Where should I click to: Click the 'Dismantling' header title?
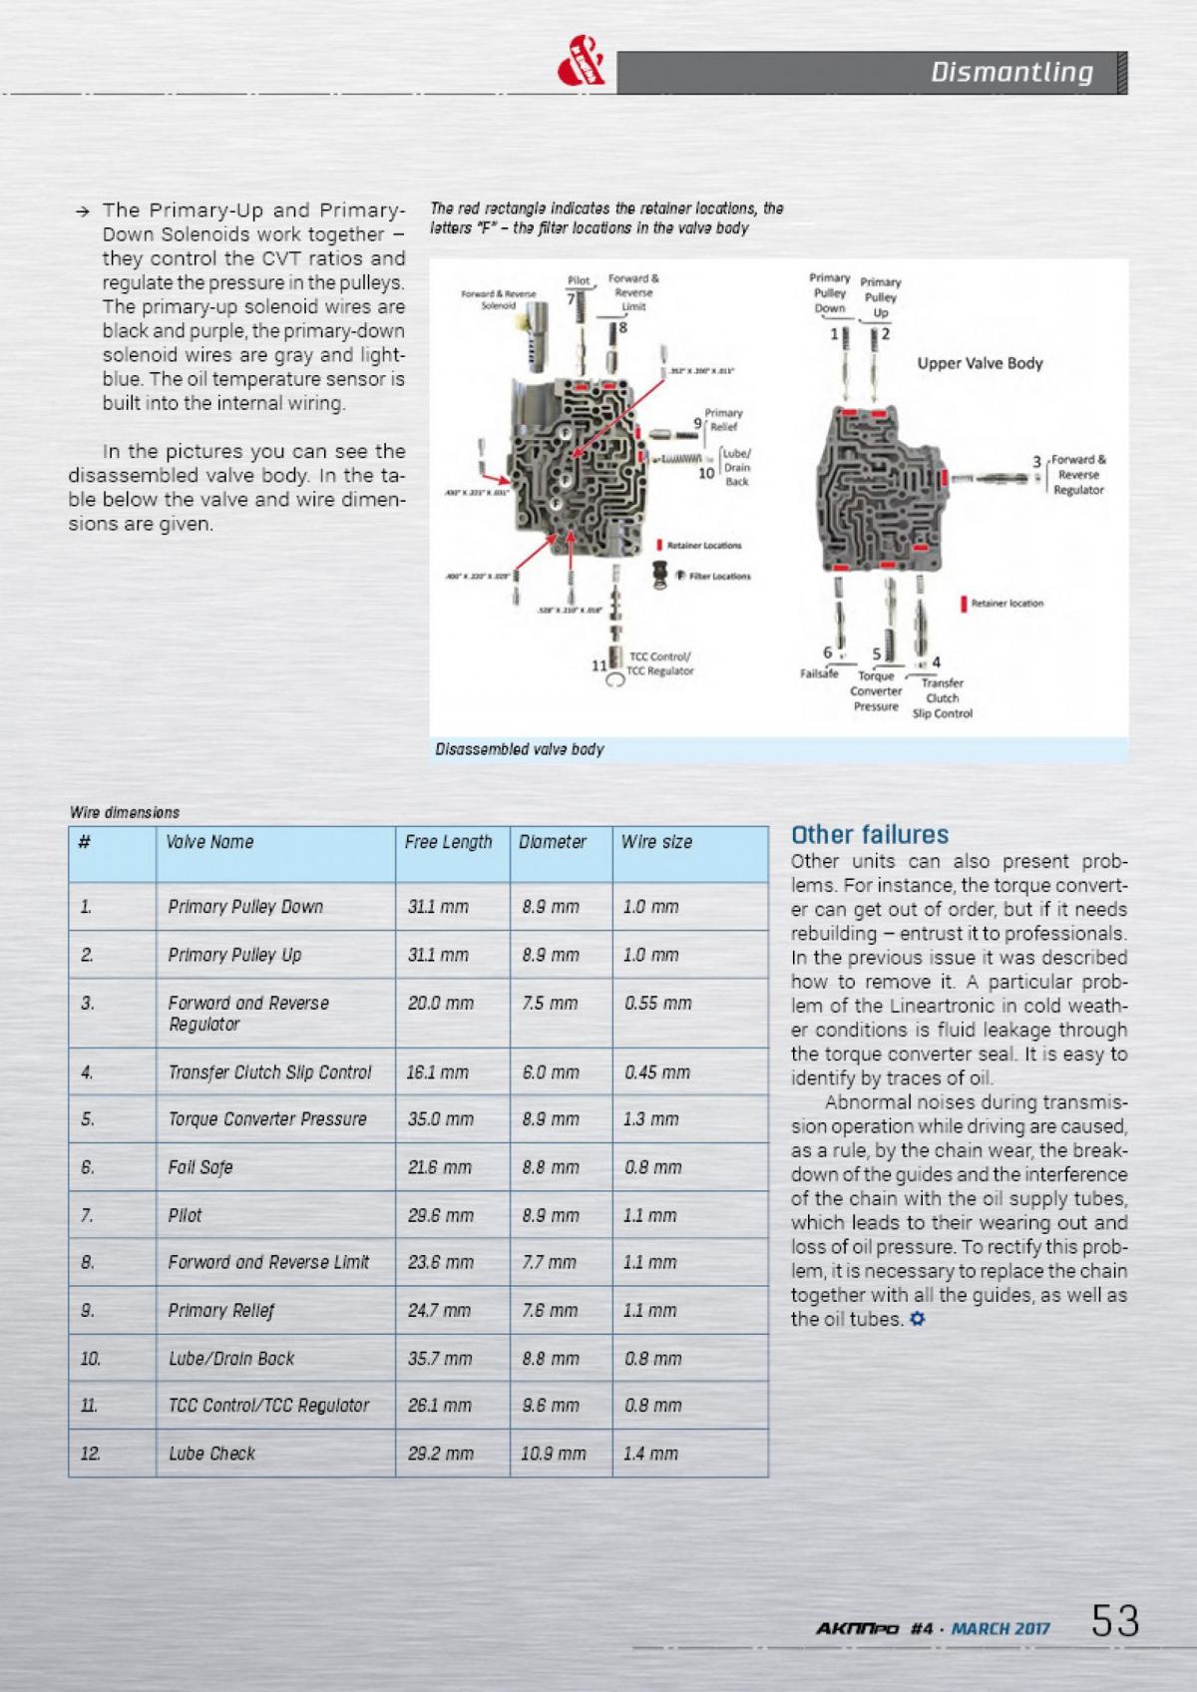pyautogui.click(x=1011, y=72)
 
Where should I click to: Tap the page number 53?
pyautogui.click(x=1115, y=1621)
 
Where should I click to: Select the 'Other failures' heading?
pyautogui.click(x=870, y=834)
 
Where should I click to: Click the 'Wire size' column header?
pyautogui.click(x=656, y=842)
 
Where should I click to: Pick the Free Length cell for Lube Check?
pyautogui.click(x=441, y=1454)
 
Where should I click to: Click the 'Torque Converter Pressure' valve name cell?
pyautogui.click(x=267, y=1119)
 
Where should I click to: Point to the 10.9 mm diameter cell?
pyautogui.click(x=554, y=1454)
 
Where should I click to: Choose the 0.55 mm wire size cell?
pyautogui.click(x=658, y=1004)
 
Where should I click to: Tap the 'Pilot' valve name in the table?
pyautogui.click(x=186, y=1215)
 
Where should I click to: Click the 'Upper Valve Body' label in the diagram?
pyautogui.click(x=980, y=363)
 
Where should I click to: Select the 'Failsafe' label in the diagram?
pyautogui.click(x=819, y=673)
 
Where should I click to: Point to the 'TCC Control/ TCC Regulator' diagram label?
pyautogui.click(x=660, y=663)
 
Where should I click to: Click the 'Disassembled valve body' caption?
pyautogui.click(x=520, y=749)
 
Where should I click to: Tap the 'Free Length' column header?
pyautogui.click(x=448, y=842)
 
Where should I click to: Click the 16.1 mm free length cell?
pyautogui.click(x=438, y=1072)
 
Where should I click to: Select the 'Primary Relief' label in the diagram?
pyautogui.click(x=723, y=420)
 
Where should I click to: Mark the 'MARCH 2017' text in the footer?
pyautogui.click(x=1000, y=1629)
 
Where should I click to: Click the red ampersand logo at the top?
pyautogui.click(x=582, y=69)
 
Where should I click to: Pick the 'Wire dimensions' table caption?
pyautogui.click(x=125, y=813)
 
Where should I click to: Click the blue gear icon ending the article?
pyautogui.click(x=918, y=1320)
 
